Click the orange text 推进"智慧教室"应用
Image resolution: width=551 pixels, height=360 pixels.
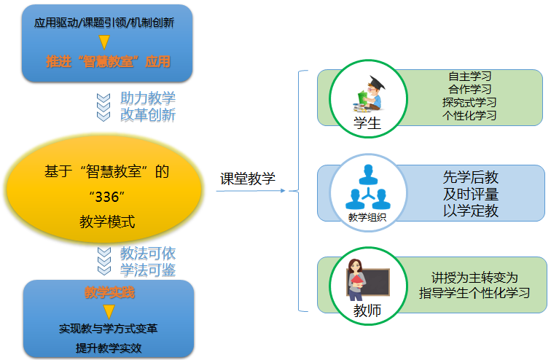(x=108, y=61)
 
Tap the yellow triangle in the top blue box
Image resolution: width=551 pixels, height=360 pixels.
(x=104, y=42)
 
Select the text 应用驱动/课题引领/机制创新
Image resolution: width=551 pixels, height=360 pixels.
(x=104, y=23)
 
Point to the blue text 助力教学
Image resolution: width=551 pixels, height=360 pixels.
(x=147, y=98)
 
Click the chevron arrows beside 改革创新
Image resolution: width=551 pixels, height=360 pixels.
(x=103, y=107)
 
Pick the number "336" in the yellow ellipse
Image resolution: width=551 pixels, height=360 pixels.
(x=107, y=197)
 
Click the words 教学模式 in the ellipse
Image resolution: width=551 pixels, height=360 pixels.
(x=107, y=222)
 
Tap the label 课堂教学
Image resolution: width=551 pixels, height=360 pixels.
(x=247, y=179)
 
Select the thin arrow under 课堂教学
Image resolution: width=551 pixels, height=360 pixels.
(x=251, y=191)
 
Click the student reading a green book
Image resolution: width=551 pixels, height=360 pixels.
(x=369, y=94)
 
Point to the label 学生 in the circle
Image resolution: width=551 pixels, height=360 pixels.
(x=367, y=123)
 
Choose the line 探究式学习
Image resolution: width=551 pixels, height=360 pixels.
(x=469, y=102)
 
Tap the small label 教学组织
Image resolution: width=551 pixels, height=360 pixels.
(x=367, y=217)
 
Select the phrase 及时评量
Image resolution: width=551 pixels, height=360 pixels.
(x=471, y=194)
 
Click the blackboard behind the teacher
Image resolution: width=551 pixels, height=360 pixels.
(x=374, y=282)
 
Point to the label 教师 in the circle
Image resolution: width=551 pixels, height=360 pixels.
(x=367, y=310)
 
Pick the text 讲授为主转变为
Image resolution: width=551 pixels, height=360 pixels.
(x=474, y=278)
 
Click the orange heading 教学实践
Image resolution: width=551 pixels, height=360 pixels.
(x=109, y=292)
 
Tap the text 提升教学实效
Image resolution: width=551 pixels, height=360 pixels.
(x=109, y=348)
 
